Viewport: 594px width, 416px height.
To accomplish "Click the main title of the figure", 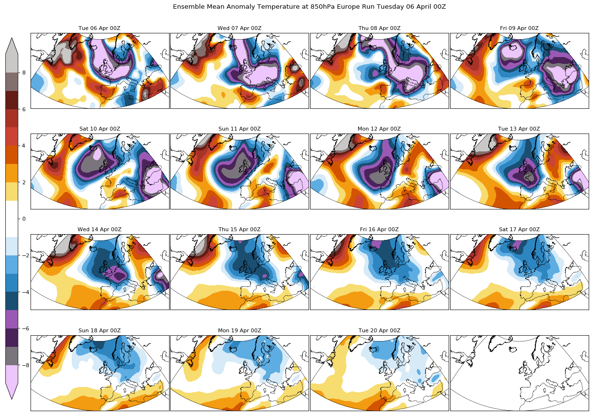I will pos(309,7).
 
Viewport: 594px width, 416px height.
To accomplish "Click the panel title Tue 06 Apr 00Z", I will pos(100,28).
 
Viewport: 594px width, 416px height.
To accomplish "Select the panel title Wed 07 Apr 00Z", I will pos(239,28).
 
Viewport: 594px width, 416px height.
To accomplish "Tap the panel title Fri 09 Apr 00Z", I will pos(519,28).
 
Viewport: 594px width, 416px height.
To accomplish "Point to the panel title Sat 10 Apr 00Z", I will pos(100,129).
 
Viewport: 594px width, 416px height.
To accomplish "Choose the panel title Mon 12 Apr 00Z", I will pos(379,129).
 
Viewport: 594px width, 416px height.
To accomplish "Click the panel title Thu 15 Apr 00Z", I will pos(239,229).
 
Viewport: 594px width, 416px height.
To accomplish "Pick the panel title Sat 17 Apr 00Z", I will pos(519,229).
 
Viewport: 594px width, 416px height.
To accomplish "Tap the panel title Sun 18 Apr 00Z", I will pos(100,330).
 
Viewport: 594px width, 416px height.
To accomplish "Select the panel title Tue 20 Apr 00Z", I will pos(379,330).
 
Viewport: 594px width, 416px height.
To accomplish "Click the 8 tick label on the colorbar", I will pos(23,73).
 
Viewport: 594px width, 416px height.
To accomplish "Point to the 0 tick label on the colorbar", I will pos(23,219).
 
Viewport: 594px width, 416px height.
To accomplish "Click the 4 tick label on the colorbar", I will pos(23,146).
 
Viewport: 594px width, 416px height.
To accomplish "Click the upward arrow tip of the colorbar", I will pos(12,39).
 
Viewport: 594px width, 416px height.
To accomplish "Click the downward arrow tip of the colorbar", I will pos(12,398).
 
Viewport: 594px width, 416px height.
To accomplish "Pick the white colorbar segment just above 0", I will pos(12,209).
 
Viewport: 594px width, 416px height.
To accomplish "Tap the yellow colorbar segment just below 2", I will pos(12,192).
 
